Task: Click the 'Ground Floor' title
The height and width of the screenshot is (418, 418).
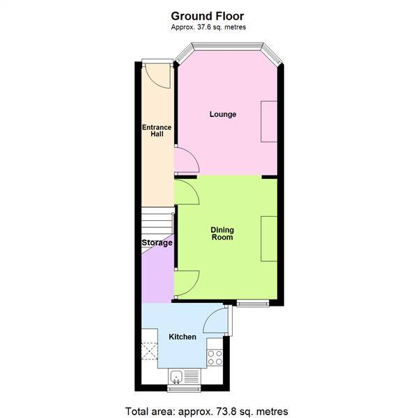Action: click(x=208, y=15)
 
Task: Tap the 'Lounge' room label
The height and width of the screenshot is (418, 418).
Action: click(x=223, y=114)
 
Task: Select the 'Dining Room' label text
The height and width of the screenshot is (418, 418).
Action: click(x=223, y=233)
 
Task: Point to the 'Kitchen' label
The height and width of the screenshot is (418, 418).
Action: click(x=183, y=337)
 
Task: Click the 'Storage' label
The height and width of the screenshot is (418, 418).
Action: click(x=157, y=243)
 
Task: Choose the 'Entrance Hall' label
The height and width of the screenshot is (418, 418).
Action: click(x=153, y=130)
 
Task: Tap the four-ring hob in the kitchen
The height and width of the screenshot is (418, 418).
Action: click(x=215, y=357)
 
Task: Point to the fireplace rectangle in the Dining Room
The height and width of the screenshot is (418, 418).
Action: click(x=269, y=239)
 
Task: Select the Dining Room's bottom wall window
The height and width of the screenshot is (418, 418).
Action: click(x=253, y=303)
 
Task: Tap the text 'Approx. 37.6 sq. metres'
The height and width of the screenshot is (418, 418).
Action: click(x=208, y=27)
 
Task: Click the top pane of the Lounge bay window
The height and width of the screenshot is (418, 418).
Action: click(x=228, y=47)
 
